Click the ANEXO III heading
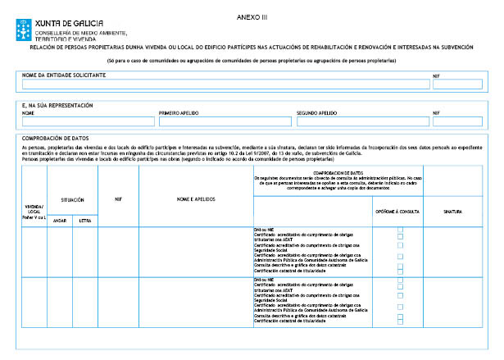point(251,17)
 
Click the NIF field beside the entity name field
point(457,84)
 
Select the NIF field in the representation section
point(457,121)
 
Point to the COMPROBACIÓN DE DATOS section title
point(56,139)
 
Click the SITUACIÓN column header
point(72,199)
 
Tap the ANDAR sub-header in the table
point(59,221)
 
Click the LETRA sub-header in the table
point(85,221)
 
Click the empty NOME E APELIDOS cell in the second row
point(196,302)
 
